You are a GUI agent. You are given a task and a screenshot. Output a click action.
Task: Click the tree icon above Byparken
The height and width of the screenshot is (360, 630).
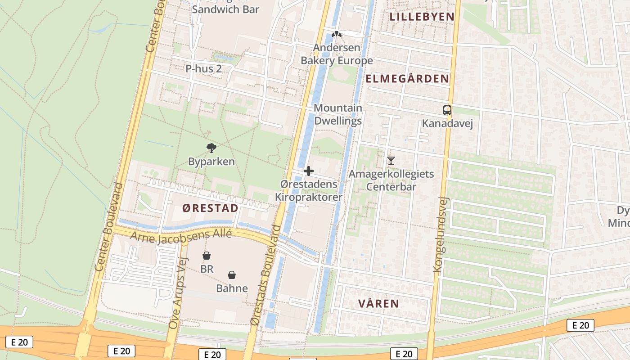click(211, 148)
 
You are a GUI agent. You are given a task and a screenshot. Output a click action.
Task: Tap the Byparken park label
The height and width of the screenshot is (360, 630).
click(211, 161)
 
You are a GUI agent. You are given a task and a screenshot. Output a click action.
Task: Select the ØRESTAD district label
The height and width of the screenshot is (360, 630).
click(210, 208)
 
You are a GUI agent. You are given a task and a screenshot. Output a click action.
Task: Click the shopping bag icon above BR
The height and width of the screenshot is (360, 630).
click(207, 256)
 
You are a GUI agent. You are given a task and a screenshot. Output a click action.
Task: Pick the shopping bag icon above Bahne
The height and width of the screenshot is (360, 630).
click(232, 275)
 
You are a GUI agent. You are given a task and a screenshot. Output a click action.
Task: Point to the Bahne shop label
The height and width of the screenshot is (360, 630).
click(232, 288)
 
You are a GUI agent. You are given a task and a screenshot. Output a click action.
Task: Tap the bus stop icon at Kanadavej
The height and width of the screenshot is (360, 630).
click(447, 110)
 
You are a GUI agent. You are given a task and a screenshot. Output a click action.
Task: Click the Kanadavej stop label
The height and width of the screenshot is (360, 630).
click(447, 123)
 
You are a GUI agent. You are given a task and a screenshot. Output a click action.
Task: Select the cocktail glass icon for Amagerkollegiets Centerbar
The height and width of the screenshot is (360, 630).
click(391, 160)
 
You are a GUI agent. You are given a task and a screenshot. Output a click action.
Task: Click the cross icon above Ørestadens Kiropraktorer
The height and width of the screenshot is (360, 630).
click(309, 171)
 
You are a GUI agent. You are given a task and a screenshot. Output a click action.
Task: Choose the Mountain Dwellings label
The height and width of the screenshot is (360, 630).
click(337, 114)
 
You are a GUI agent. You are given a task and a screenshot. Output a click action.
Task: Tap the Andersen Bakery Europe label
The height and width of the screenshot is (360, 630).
click(337, 54)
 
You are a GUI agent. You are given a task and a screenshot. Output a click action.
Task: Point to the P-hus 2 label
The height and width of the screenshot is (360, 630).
click(204, 69)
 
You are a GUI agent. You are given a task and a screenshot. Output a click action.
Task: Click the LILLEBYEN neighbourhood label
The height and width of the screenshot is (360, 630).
click(422, 17)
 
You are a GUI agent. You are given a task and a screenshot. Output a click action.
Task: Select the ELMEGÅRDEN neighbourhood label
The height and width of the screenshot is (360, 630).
click(407, 79)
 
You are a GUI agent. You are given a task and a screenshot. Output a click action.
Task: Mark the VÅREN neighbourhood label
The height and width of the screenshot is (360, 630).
click(378, 303)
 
